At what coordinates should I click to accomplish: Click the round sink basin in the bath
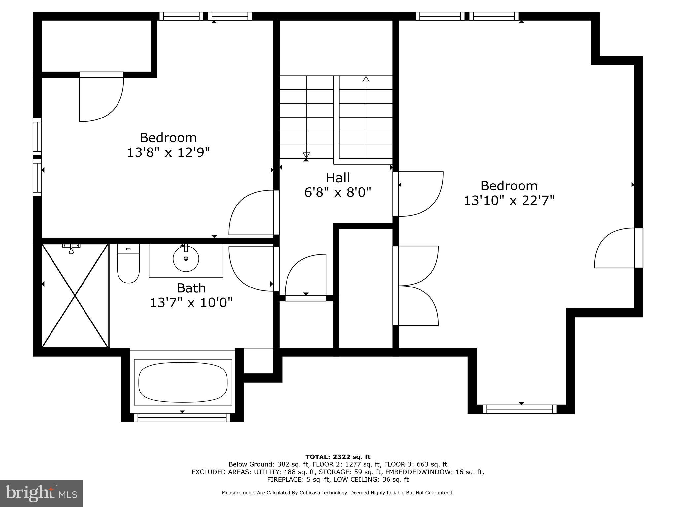(x=186, y=259)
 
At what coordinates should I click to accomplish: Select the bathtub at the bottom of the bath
(x=183, y=382)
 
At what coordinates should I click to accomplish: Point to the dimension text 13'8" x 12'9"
(x=168, y=152)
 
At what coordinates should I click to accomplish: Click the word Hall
(x=338, y=178)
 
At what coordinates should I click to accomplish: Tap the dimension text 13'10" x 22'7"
(x=509, y=200)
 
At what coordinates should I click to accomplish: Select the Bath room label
(x=191, y=288)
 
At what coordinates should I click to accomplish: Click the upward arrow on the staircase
(x=366, y=80)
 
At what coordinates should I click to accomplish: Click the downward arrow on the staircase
(x=306, y=155)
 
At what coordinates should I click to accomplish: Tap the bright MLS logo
(x=41, y=493)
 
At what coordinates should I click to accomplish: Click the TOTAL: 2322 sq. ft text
(x=338, y=457)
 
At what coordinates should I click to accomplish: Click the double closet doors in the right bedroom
(x=418, y=286)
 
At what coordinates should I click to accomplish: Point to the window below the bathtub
(x=182, y=418)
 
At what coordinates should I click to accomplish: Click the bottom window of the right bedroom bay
(x=519, y=409)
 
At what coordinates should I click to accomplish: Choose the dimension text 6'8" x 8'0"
(x=338, y=192)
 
